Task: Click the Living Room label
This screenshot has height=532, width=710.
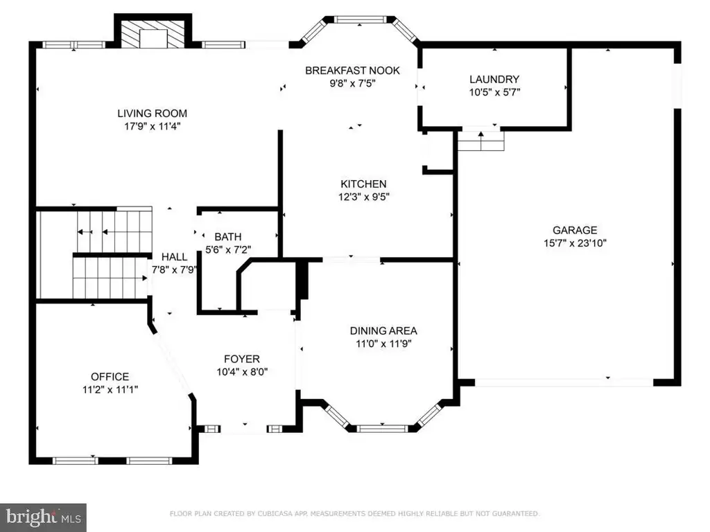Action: pos(152,113)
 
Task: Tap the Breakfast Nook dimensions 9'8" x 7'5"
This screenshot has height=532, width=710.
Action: pos(352,83)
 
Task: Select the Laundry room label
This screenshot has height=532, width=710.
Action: pos(494,79)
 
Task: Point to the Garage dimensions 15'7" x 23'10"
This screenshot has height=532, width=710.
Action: pos(575,243)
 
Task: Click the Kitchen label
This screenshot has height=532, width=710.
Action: pos(363,184)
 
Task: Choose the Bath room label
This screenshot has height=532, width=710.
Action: pos(227,237)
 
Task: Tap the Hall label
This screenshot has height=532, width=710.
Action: pos(174,257)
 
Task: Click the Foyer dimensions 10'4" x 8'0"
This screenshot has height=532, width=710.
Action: pos(242,372)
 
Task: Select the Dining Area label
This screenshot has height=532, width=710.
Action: pos(383,330)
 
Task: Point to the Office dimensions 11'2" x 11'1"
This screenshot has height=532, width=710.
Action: pos(110,389)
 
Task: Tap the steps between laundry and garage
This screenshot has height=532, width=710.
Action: pos(481,141)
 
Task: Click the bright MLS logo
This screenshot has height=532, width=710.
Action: pos(43,517)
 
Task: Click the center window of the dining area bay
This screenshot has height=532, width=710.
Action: pos(383,428)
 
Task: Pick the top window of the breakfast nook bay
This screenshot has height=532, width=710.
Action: pos(361,19)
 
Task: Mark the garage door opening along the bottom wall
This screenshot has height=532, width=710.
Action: pos(564,382)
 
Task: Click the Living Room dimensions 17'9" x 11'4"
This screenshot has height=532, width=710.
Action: pos(152,126)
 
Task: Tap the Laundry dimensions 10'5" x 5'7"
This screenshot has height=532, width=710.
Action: pos(494,92)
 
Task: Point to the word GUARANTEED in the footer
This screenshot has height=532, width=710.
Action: pos(515,513)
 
